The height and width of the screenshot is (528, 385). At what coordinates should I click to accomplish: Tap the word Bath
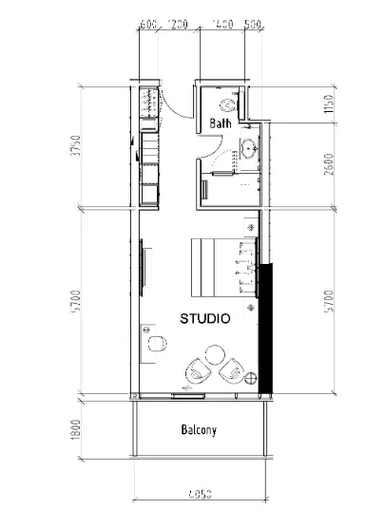(221, 123)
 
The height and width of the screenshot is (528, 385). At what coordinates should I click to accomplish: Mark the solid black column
(265, 329)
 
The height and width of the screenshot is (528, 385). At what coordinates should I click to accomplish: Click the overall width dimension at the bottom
(199, 494)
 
